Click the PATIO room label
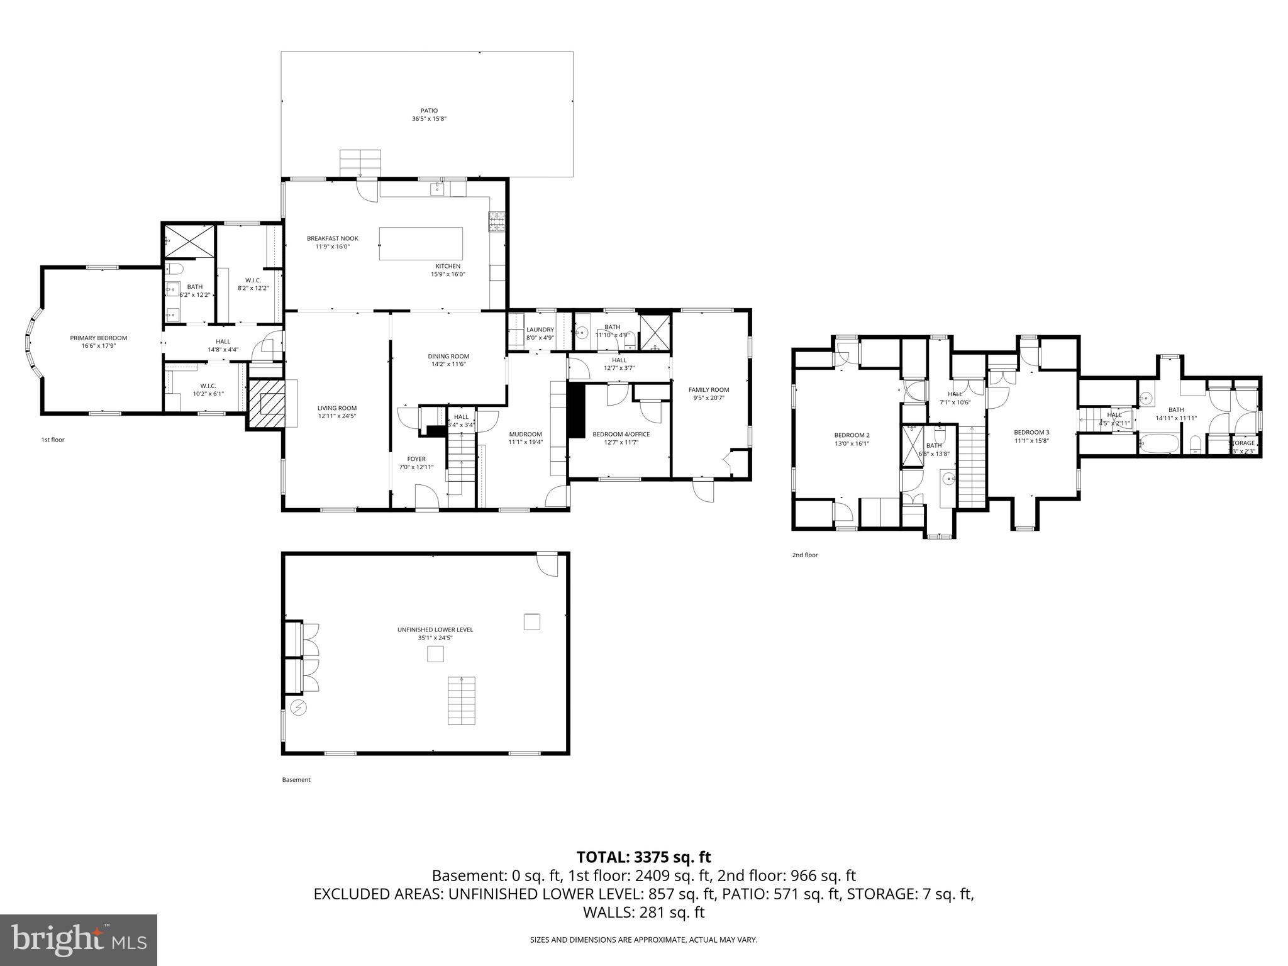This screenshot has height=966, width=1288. tap(429, 111)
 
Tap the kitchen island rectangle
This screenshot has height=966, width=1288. tap(421, 244)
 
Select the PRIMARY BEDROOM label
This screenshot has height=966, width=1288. tap(98, 338)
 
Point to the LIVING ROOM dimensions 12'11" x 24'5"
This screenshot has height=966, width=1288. tap(336, 416)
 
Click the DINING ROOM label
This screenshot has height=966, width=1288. tap(448, 357)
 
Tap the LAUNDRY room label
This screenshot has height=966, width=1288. tap(540, 330)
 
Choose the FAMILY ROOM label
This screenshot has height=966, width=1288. tap(708, 390)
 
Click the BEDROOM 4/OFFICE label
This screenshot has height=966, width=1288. tap(621, 434)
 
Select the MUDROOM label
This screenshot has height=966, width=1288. tap(525, 434)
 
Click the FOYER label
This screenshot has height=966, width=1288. tap(416, 459)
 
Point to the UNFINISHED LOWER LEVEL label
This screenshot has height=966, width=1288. tap(435, 630)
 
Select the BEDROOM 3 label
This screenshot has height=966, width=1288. tap(1031, 432)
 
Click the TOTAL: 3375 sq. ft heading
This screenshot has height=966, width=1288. tap(643, 857)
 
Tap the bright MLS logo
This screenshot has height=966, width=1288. tap(79, 940)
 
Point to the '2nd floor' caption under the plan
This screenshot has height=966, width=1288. tap(805, 555)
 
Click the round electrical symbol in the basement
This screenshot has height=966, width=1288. tap(298, 708)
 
